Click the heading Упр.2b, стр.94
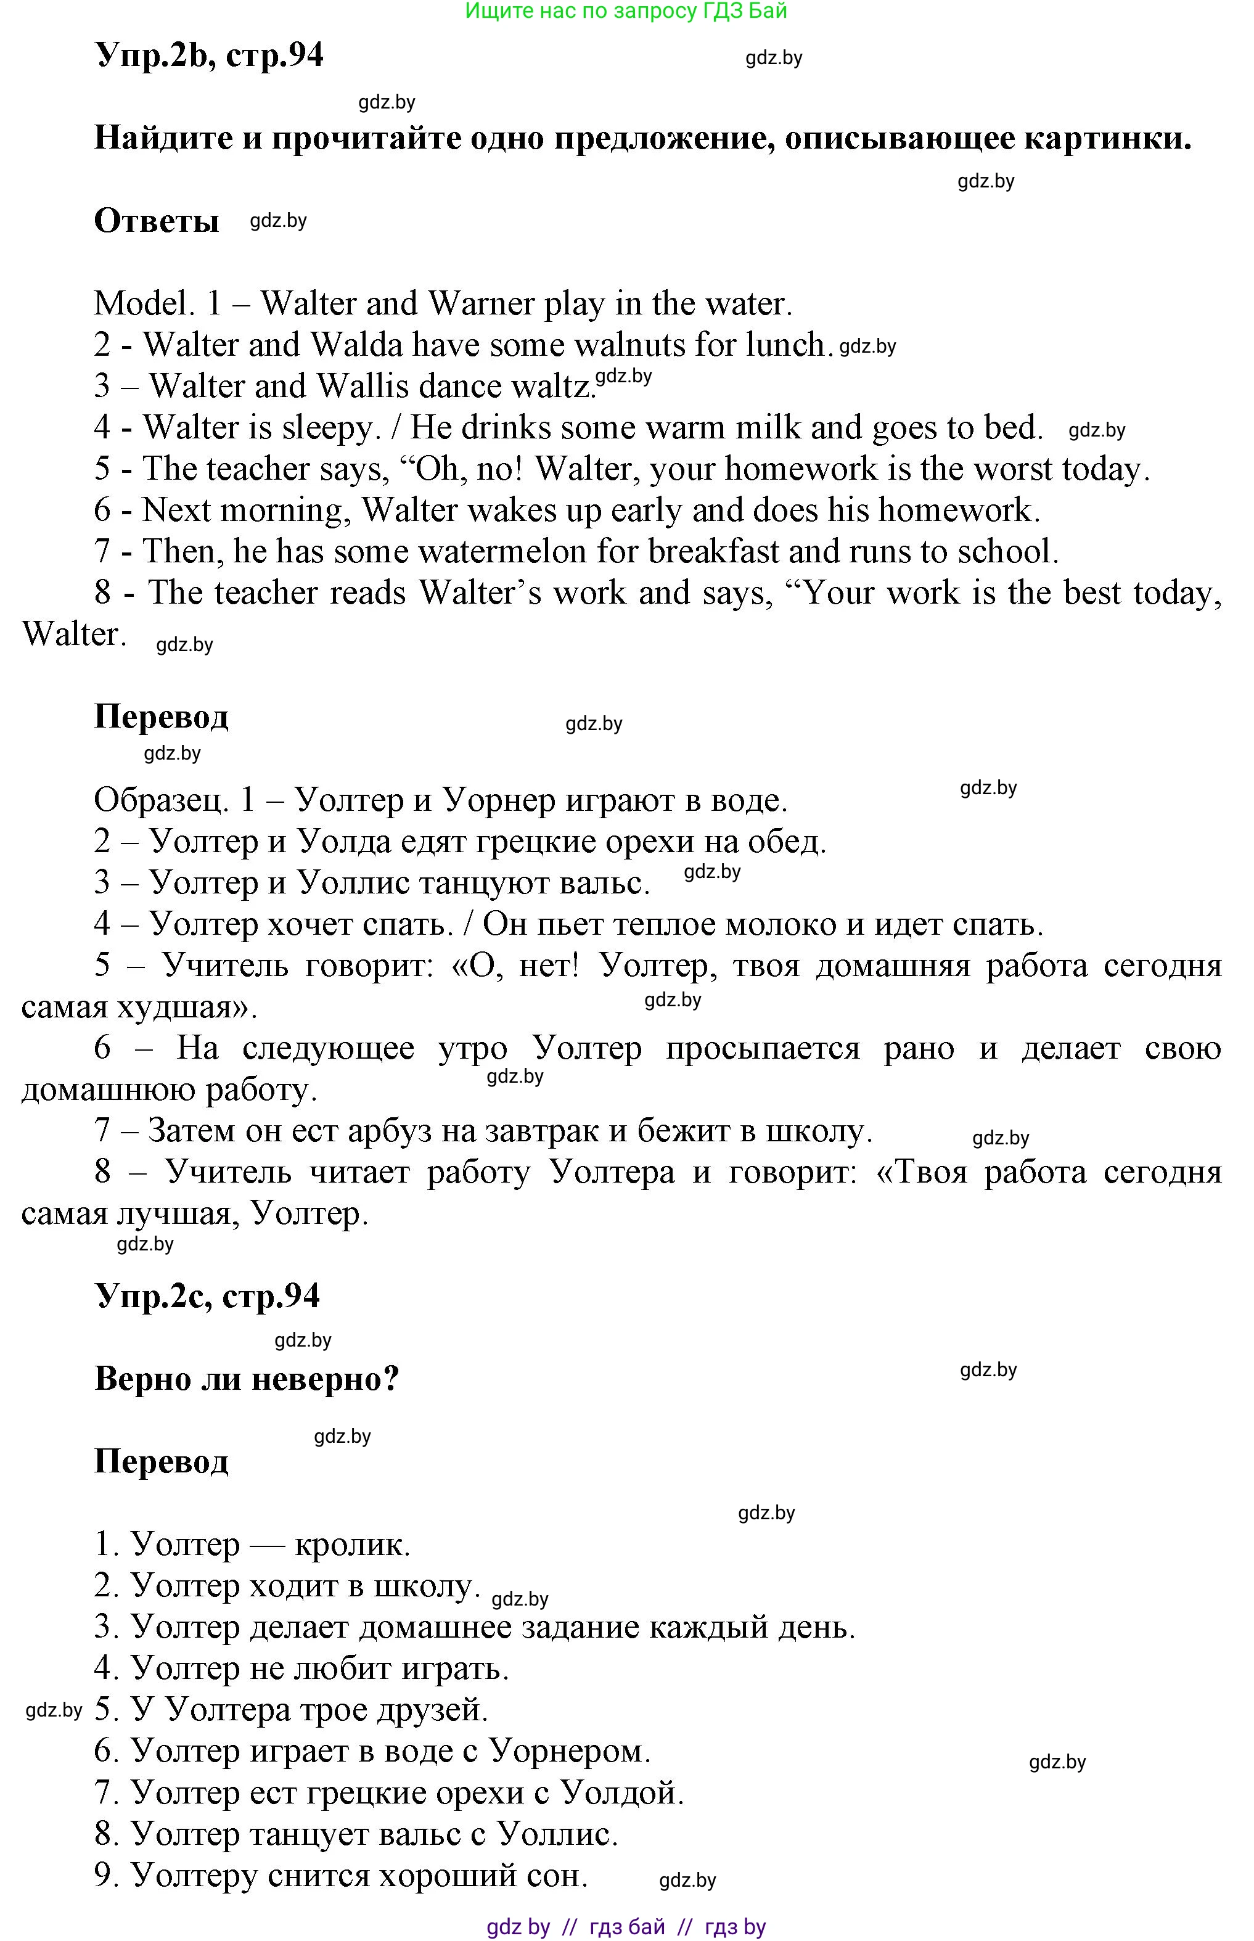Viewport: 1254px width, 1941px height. pos(209,55)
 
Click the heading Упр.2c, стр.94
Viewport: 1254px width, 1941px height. pos(208,1295)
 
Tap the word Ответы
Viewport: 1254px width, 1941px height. pos(157,221)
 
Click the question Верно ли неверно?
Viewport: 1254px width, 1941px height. pos(247,1379)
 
